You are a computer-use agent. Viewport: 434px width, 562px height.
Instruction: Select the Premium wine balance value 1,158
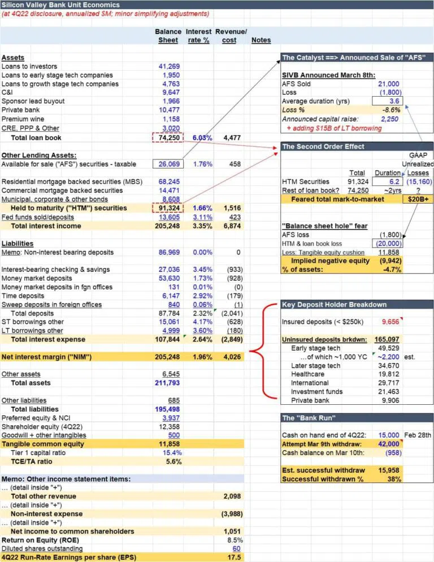171,119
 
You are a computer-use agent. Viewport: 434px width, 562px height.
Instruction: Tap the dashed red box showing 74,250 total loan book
167,137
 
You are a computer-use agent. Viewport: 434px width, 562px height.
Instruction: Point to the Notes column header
261,41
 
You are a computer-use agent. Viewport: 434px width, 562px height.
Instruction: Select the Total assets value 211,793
168,383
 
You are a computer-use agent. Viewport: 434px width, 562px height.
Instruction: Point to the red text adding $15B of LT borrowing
334,128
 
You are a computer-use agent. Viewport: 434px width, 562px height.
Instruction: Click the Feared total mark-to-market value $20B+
416,199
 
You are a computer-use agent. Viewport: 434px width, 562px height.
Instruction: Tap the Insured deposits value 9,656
390,322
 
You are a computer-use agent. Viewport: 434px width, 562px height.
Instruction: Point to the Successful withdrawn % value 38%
393,479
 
